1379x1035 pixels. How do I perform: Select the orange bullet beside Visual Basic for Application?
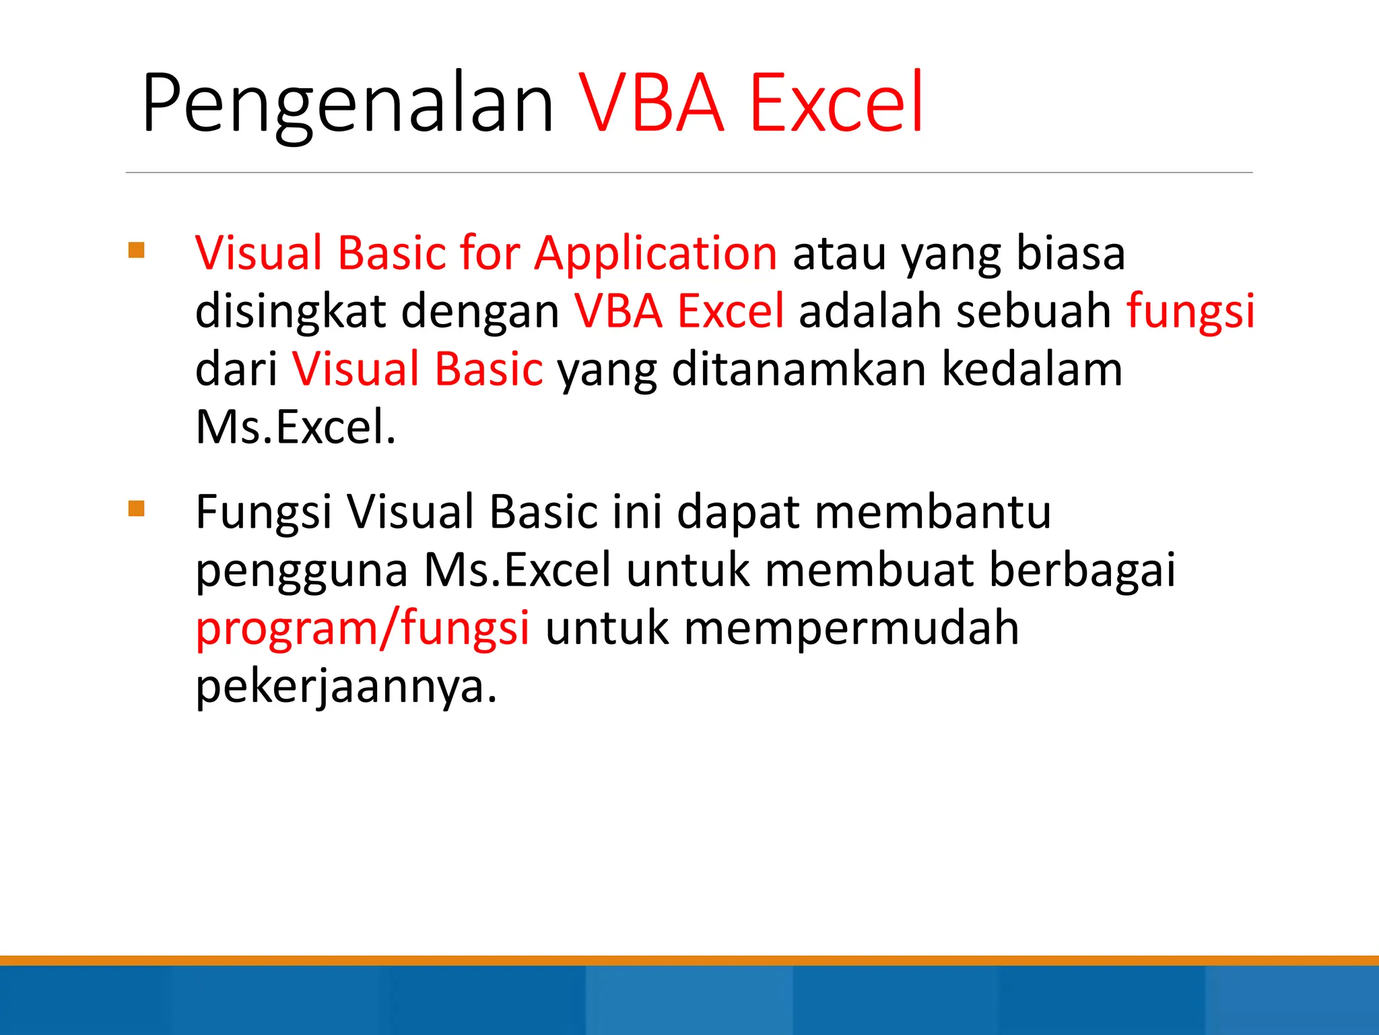tap(137, 251)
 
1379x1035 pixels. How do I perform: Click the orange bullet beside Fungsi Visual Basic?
tap(137, 508)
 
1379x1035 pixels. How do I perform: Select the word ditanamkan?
tap(799, 369)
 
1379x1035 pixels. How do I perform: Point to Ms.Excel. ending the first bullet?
tap(295, 427)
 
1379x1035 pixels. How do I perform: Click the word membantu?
tap(933, 512)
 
